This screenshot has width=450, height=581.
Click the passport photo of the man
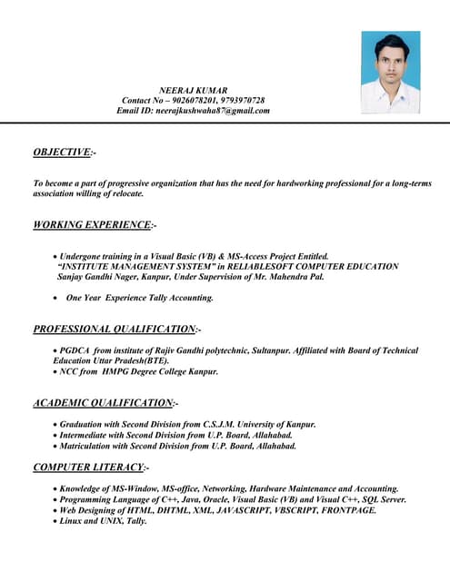tap(390, 72)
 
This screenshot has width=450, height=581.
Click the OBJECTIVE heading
tap(62, 152)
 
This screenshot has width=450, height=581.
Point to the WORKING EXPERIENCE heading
tap(92, 224)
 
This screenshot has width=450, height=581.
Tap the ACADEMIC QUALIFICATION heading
tap(103, 402)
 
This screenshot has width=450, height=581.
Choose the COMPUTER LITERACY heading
tap(88, 467)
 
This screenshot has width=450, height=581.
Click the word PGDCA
tap(75, 350)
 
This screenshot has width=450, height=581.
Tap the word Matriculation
tap(87, 446)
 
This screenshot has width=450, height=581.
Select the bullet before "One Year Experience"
tap(55, 298)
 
